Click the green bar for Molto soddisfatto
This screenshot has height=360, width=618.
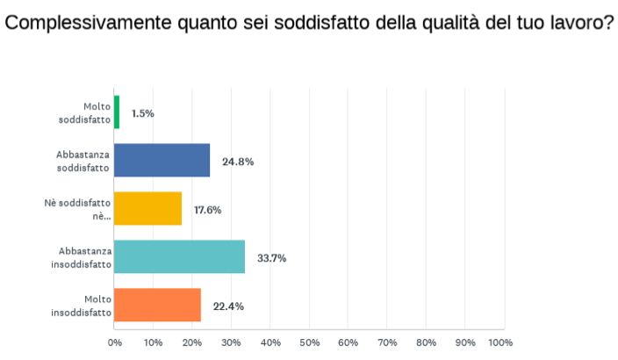[117, 112]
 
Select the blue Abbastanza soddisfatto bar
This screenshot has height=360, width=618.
[162, 161]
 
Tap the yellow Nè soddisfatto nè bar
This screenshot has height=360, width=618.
[148, 209]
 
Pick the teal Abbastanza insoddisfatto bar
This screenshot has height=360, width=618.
[180, 257]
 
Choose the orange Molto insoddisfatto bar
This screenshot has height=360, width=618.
[158, 306]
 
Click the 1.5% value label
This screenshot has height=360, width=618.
[143, 113]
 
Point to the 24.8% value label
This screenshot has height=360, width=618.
[239, 162]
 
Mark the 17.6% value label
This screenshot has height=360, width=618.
[208, 210]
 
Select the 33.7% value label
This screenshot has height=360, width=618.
[273, 258]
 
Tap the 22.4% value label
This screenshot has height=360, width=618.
[228, 306]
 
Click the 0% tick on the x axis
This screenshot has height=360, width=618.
[115, 342]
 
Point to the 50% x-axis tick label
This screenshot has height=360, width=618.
[309, 342]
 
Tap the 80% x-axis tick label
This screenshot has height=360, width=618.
[426, 342]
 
